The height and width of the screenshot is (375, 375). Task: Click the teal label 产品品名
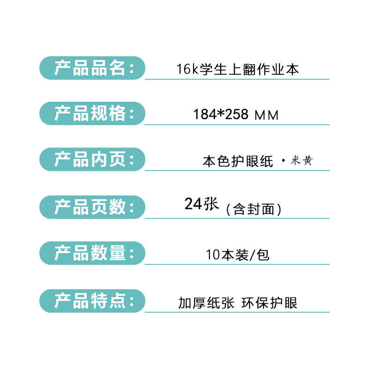point(92,68)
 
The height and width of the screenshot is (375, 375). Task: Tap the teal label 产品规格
point(92,113)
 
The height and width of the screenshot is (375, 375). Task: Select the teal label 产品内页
point(92,159)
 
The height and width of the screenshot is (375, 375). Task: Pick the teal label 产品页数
point(92,207)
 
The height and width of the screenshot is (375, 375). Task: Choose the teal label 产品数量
point(92,253)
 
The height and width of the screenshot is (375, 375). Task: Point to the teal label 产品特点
point(92,301)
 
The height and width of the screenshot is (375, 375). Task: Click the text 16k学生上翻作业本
point(237,70)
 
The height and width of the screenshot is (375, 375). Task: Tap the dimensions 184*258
point(220,114)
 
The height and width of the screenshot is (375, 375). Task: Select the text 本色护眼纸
point(238,161)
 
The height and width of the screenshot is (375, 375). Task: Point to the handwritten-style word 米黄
point(301,161)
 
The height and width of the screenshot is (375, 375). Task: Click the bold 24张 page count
point(202,204)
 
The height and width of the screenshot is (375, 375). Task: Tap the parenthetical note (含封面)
point(254,210)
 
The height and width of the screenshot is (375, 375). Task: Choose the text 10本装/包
point(237,255)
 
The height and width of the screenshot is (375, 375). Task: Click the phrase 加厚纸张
point(206,303)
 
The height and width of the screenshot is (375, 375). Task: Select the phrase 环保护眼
point(270,303)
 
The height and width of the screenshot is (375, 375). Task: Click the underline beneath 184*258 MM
point(237,125)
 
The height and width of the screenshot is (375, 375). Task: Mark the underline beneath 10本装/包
point(237,264)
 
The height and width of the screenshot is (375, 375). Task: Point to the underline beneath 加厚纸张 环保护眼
point(237,312)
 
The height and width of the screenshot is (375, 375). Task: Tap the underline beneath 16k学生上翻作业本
point(237,79)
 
